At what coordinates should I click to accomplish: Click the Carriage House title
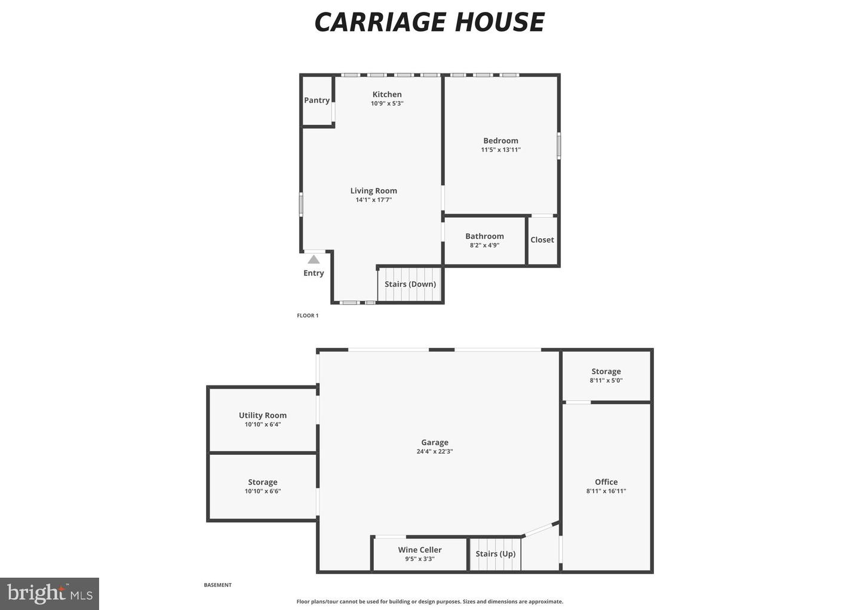click(x=429, y=22)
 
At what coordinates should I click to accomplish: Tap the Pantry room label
click(x=317, y=100)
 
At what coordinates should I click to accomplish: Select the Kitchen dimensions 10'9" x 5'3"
click(x=387, y=103)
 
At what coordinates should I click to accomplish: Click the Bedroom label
click(x=500, y=141)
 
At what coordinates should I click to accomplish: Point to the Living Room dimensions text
click(x=374, y=199)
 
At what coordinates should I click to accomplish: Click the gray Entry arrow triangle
click(x=314, y=260)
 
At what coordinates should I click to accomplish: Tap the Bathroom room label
click(x=484, y=236)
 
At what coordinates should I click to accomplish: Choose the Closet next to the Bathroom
click(x=542, y=240)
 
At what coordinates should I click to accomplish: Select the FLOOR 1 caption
click(x=308, y=315)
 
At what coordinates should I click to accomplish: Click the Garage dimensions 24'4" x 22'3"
click(x=435, y=451)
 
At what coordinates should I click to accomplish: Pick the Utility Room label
click(x=263, y=415)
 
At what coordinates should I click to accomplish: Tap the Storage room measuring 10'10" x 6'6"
click(x=263, y=486)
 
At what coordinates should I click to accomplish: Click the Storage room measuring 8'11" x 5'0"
click(x=606, y=375)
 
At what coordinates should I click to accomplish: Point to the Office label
click(x=606, y=482)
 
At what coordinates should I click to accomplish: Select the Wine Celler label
click(x=420, y=550)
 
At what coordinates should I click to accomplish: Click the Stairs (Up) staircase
click(x=495, y=554)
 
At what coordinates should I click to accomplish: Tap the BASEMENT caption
click(x=217, y=585)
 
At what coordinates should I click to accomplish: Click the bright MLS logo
click(x=50, y=594)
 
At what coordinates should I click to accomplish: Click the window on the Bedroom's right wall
click(x=558, y=146)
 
